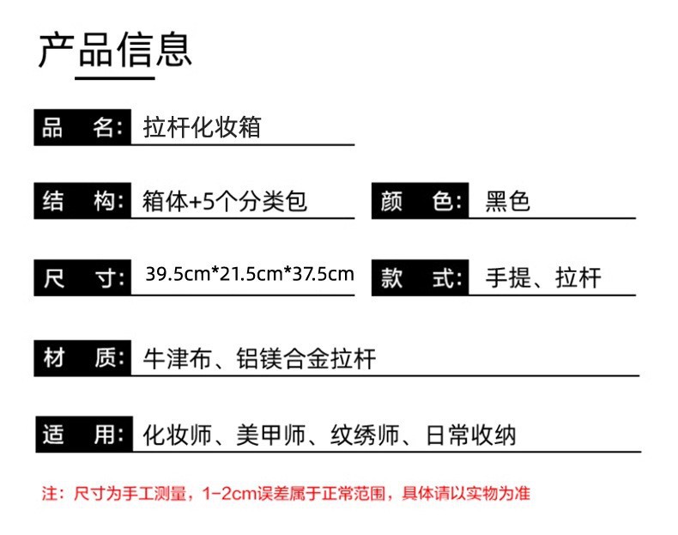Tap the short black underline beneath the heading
[115, 78]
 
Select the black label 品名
[82, 129]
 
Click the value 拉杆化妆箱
[201, 129]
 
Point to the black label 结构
[82, 202]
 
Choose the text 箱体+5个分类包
[224, 202]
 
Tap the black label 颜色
[420, 202]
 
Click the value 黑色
[508, 202]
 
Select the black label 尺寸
[82, 277]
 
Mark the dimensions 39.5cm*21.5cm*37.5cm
[249, 275]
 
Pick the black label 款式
[420, 277]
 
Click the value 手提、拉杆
[543, 277]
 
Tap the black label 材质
[82, 358]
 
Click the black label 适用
[82, 435]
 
